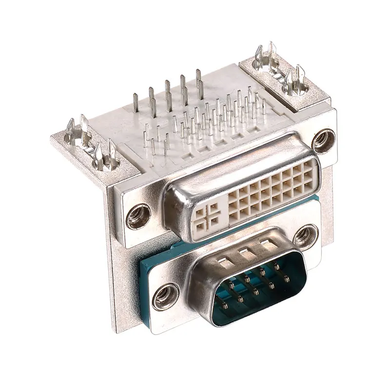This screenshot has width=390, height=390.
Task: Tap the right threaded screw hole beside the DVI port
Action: click(x=324, y=141)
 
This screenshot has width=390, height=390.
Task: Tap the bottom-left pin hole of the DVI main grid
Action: click(x=234, y=216)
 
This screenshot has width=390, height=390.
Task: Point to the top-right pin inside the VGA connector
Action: click(x=277, y=266)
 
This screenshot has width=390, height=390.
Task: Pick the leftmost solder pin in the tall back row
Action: click(x=136, y=102)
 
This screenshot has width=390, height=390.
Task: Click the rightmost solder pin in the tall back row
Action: click(x=199, y=78)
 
